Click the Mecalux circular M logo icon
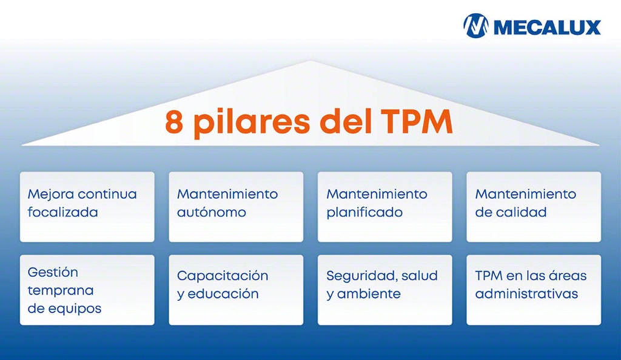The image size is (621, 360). tap(476, 26)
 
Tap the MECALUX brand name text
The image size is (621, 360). tap(547, 27)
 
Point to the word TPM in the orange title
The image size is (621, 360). tap(418, 122)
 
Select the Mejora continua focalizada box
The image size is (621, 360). tap(87, 207)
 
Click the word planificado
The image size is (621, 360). tap(364, 213)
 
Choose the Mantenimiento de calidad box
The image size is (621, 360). tap(533, 207)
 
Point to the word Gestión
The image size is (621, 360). tap(53, 272)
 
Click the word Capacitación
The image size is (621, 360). tap(223, 276)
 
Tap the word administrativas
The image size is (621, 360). tap(526, 294)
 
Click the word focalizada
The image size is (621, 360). tap(62, 213)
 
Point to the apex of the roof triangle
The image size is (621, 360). tap(311, 62)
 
